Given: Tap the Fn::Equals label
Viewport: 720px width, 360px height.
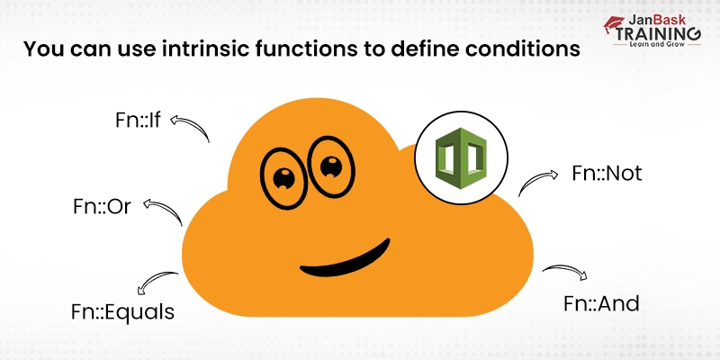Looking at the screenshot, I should tap(122, 311).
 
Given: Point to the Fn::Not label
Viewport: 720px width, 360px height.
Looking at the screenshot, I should tap(607, 173).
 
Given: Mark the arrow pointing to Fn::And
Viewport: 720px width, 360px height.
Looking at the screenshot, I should tap(565, 273).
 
